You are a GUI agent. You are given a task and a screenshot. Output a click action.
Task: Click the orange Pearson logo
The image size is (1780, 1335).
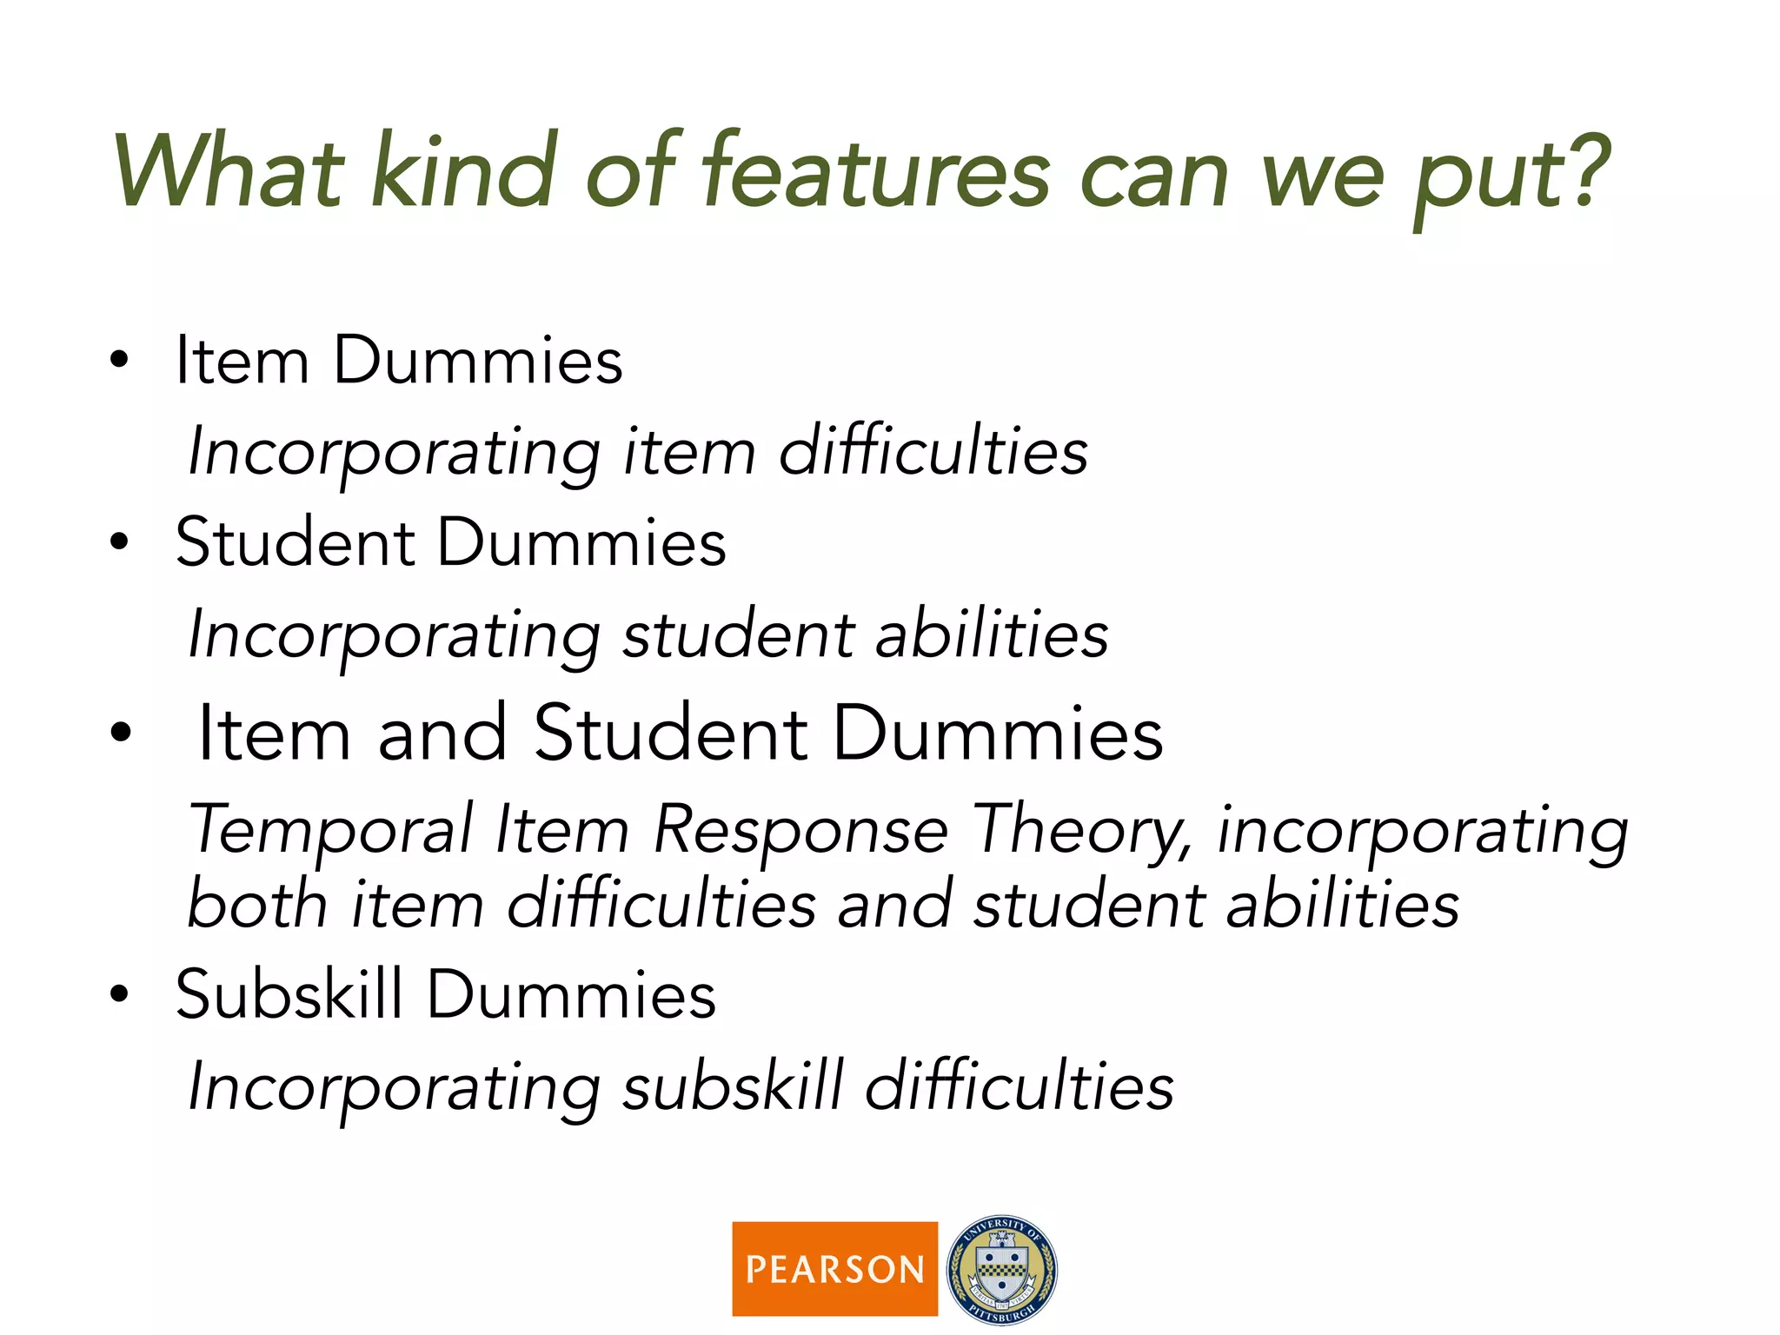[834, 1268]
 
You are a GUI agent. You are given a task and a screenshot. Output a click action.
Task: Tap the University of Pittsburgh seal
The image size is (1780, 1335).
[1001, 1269]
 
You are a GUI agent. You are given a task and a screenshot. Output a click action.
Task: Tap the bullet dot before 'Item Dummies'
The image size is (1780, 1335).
[119, 360]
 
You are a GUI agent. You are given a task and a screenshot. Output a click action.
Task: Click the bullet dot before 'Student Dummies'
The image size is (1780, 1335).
[119, 542]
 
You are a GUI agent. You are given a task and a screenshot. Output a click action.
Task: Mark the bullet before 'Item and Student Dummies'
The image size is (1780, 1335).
[121, 733]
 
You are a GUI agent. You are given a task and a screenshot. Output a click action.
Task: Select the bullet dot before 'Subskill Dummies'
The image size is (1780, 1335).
[119, 994]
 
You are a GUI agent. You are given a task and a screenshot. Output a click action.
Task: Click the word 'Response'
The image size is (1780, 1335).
[800, 830]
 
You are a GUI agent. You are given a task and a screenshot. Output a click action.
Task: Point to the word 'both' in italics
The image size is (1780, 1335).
[257, 904]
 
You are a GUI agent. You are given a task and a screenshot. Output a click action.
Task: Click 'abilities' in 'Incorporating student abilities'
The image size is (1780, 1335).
[992, 634]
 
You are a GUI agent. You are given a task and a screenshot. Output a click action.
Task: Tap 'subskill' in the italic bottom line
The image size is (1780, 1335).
[733, 1086]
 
